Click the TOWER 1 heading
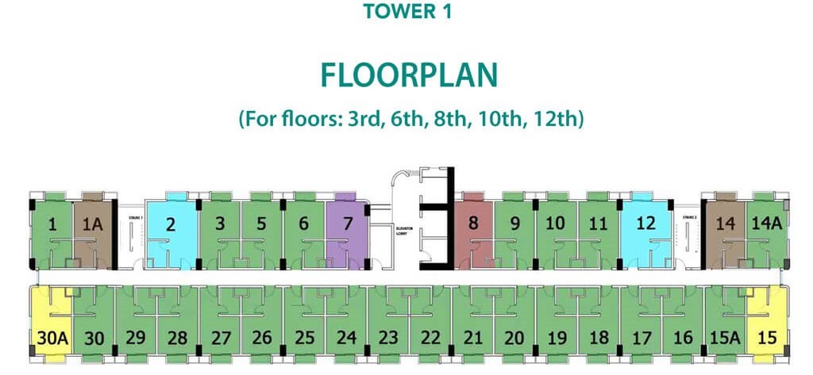(406, 13)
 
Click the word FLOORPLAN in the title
(409, 75)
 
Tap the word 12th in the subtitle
(561, 121)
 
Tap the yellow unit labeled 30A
(52, 338)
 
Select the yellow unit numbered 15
(767, 337)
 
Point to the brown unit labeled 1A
(93, 224)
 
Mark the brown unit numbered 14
(725, 224)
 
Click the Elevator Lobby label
(406, 232)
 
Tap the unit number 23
(388, 338)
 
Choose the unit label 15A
(724, 338)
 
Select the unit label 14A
(767, 224)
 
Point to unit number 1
(52, 224)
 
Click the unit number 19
(557, 338)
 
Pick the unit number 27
(220, 338)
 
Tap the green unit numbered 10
(556, 224)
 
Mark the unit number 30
(94, 338)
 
